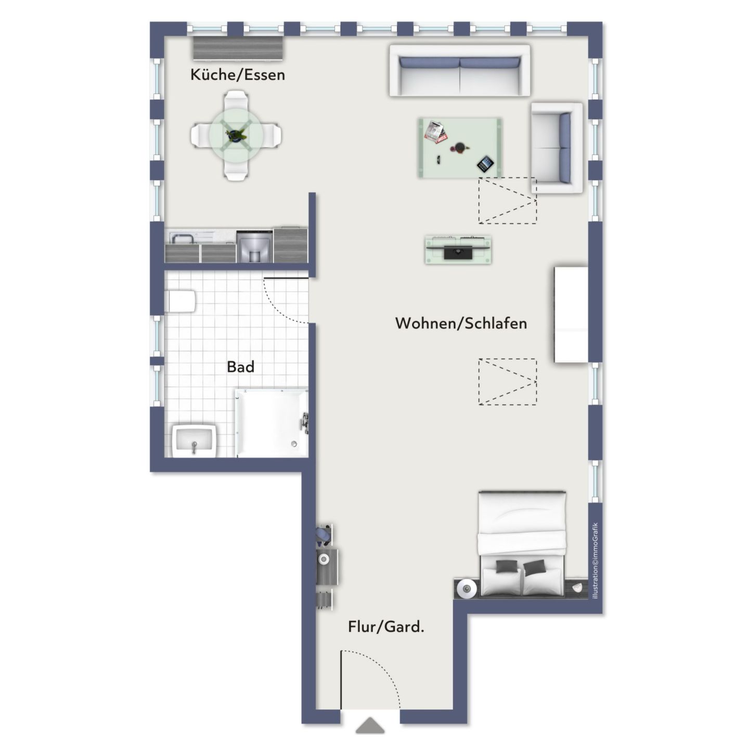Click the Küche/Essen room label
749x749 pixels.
click(238, 75)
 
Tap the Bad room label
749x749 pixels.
click(240, 367)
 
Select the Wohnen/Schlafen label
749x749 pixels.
click(461, 324)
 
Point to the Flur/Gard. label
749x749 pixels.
click(386, 627)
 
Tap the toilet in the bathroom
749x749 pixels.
click(180, 301)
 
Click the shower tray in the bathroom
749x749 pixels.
click(271, 423)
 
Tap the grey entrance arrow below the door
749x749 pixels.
click(370, 726)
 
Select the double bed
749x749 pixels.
click(522, 544)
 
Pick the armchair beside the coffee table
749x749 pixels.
click(556, 148)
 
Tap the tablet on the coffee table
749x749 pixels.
click(485, 164)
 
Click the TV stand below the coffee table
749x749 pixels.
click(458, 250)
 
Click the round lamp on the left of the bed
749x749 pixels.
click(467, 589)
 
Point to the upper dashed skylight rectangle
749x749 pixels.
click(507, 201)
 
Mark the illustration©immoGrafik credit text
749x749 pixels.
click(596, 561)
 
